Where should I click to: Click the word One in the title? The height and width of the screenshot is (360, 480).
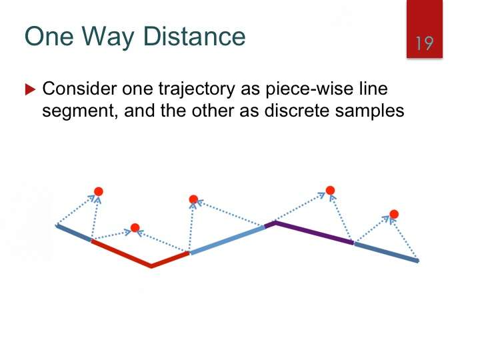click(49, 36)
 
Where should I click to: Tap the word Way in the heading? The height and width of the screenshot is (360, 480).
click(108, 37)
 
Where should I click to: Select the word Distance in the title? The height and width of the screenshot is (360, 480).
click(194, 36)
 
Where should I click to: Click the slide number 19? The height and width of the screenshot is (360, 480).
click(424, 43)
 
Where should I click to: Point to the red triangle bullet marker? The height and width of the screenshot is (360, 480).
click(30, 89)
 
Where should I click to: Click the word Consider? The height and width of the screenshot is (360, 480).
click(79, 89)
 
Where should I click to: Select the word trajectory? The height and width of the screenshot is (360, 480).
click(197, 90)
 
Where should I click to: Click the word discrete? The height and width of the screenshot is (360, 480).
click(297, 110)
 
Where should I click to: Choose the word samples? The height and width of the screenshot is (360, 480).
click(369, 111)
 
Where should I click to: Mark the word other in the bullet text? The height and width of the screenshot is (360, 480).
click(213, 110)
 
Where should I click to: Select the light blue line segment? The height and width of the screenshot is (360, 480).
click(227, 240)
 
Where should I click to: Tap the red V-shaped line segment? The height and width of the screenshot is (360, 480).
click(151, 265)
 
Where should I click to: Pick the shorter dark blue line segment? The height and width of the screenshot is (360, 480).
click(73, 233)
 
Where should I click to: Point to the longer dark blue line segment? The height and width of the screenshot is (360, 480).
click(386, 252)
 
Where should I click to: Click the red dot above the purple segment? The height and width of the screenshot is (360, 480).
click(330, 191)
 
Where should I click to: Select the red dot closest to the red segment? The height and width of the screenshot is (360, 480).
click(135, 228)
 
